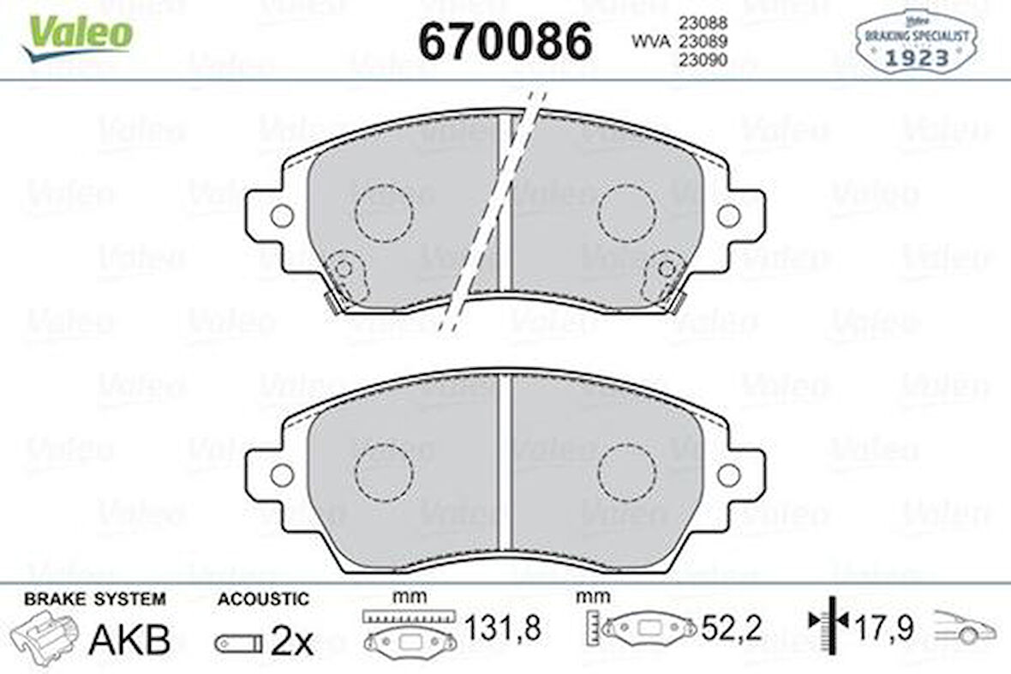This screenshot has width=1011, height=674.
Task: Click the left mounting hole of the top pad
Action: (281, 216)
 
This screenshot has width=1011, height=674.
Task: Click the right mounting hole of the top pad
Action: (729, 216)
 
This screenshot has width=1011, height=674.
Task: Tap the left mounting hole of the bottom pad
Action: (281, 473)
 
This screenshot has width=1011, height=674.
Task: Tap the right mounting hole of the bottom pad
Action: (729, 473)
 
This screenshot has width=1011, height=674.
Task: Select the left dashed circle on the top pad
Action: (384, 212)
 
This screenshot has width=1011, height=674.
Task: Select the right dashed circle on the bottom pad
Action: (626, 472)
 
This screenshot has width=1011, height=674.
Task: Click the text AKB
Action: (129, 640)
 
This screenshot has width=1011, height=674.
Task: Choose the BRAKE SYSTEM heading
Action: (95, 599)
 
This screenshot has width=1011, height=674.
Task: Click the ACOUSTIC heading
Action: (262, 599)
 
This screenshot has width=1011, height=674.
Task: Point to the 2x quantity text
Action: (292, 641)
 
